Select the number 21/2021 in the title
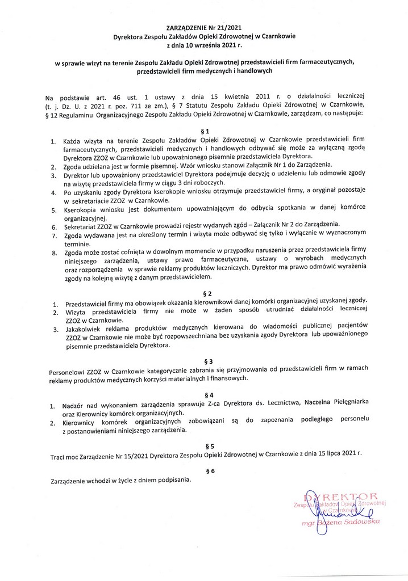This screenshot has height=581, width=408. point(231,27)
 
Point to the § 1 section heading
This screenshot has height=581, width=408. point(205,131)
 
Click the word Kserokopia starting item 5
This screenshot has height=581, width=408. point(84,209)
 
